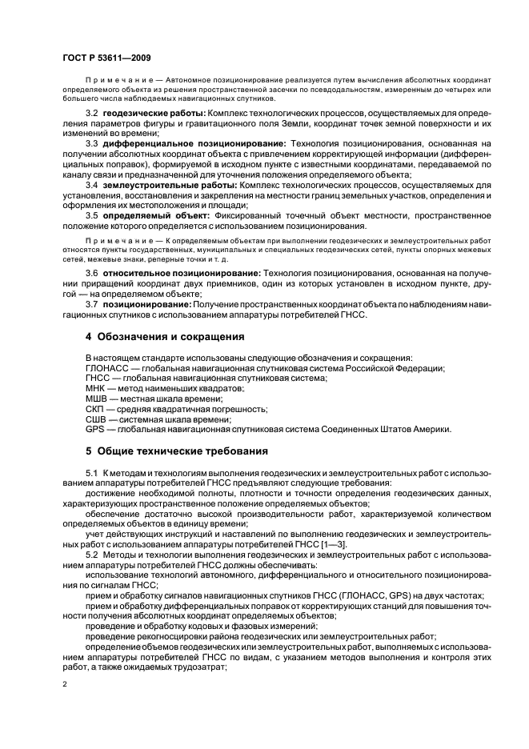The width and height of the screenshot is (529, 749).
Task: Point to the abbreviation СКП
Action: (x=95, y=409)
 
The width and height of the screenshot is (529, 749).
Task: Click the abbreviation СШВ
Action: (x=97, y=419)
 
